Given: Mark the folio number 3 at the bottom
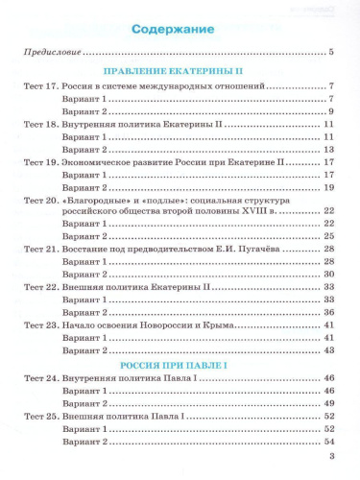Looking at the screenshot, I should click(331, 468).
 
